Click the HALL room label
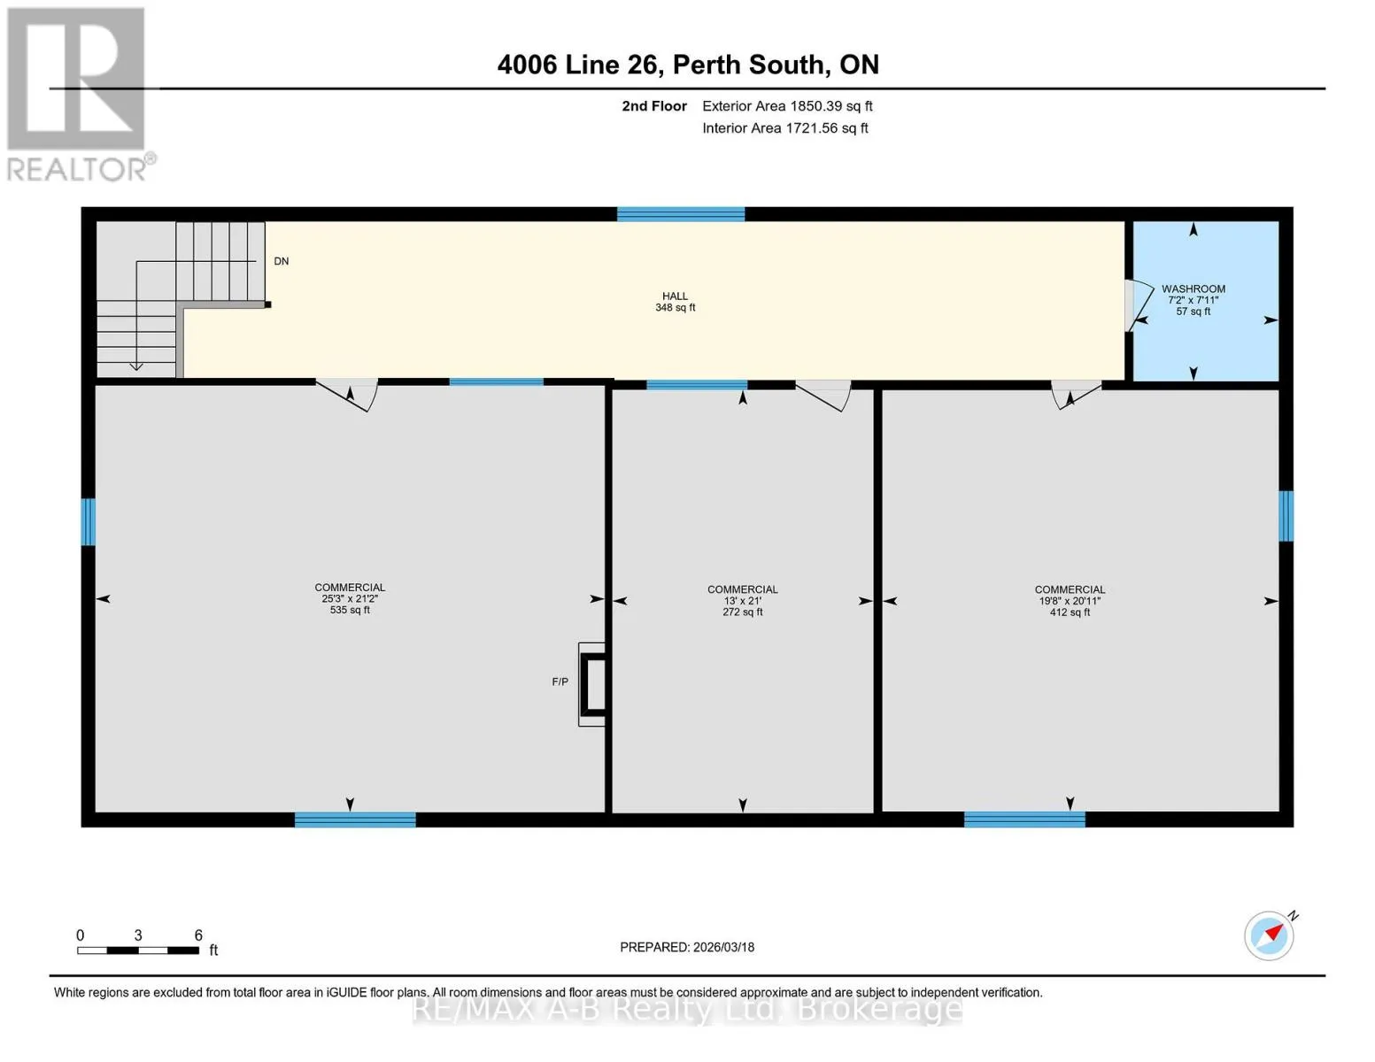click(x=675, y=296)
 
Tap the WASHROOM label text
click(x=1193, y=289)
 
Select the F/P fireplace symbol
click(x=591, y=684)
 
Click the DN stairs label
click(x=281, y=261)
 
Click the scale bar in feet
click(x=138, y=950)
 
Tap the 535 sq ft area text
click(x=350, y=610)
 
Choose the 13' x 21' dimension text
click(x=742, y=600)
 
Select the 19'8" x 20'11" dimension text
click(x=1070, y=600)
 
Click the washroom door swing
click(x=1139, y=305)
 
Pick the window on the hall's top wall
click(x=680, y=214)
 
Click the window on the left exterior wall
click(x=88, y=522)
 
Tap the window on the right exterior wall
click(x=1286, y=516)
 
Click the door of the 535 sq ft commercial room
click(x=347, y=395)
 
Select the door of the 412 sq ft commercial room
click(x=1076, y=395)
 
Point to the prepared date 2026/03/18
click(x=723, y=947)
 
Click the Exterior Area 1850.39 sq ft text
click(x=787, y=106)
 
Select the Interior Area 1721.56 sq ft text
click(x=784, y=128)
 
